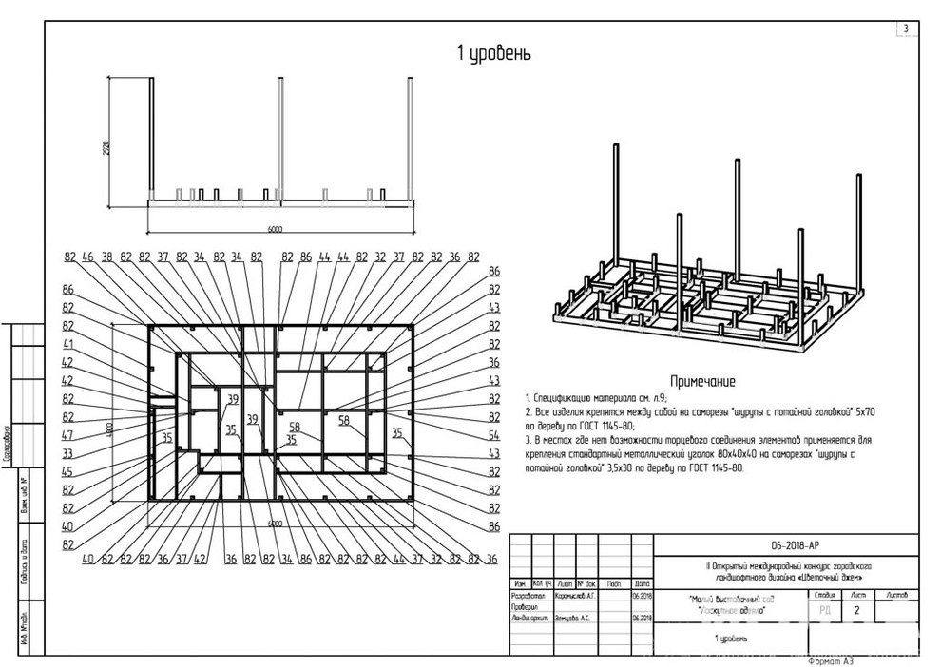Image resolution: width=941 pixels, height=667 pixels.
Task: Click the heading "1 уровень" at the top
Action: pos(494,54)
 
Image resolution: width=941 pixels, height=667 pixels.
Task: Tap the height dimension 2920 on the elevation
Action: pos(107,148)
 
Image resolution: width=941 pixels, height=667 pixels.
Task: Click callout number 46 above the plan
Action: pos(88,257)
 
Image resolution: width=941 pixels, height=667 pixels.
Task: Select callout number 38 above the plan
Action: pos(107,257)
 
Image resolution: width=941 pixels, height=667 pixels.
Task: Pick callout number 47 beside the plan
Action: pos(68,435)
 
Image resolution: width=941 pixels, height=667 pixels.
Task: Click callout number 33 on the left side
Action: pos(68,453)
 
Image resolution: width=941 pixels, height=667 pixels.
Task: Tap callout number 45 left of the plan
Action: pos(68,472)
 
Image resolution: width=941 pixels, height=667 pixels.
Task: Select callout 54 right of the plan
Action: pos(493,435)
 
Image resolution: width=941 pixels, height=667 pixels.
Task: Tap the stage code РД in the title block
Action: pos(823,611)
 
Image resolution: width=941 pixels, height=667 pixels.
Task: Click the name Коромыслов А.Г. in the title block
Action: pos(576,595)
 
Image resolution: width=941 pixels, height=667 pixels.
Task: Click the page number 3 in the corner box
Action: pos(905,29)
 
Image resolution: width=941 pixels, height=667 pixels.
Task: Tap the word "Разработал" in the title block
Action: pos(528,595)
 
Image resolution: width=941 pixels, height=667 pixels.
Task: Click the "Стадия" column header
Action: pos(823,594)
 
